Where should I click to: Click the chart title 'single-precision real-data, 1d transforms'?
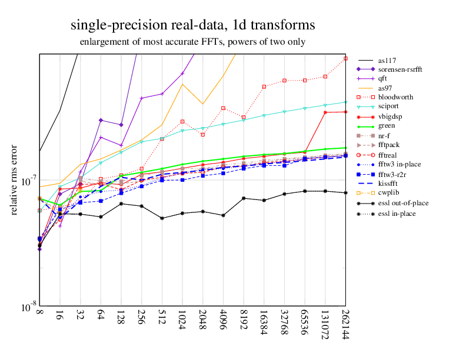coord(192,25)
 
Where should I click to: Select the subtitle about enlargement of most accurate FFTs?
coord(192,42)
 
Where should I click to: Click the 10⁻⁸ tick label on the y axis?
coord(25,307)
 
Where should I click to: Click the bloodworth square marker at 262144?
coord(345,58)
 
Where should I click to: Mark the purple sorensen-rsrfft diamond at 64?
coord(101,120)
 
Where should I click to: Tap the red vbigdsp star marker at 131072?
coord(325,112)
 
